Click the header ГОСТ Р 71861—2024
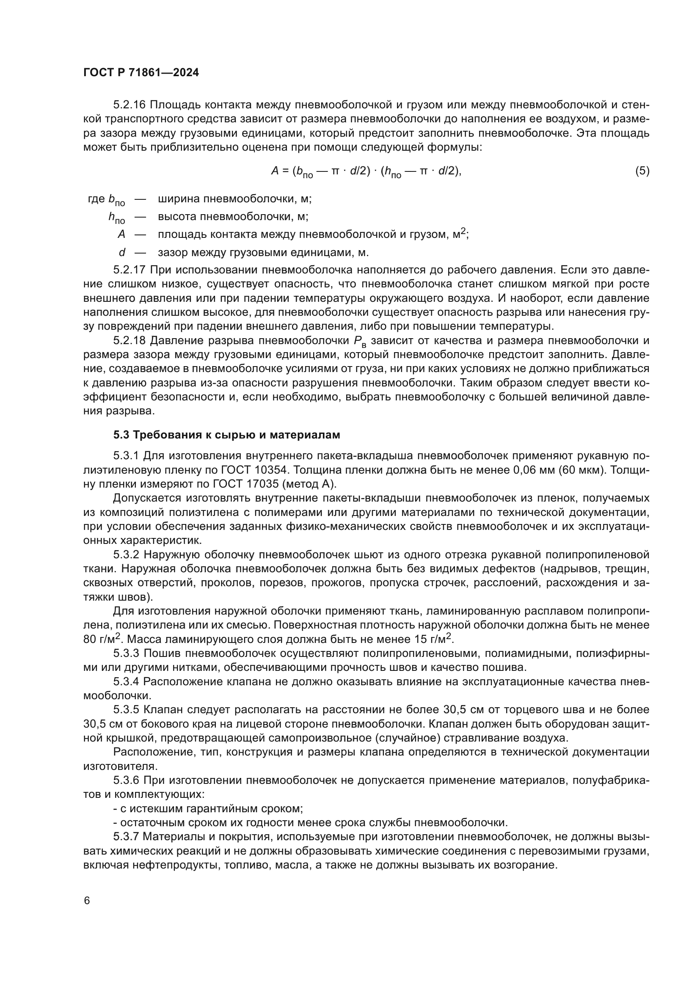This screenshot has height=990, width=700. tap(141, 72)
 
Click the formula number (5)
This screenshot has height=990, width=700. tap(642, 171)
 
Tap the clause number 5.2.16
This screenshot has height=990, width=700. tap(130, 105)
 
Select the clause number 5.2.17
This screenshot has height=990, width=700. tap(130, 270)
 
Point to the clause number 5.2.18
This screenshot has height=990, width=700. tap(130, 341)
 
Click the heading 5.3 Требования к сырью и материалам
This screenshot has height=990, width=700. tap(226, 435)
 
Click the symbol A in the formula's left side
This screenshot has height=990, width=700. tap(275, 171)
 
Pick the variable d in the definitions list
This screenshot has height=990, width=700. tap(122, 252)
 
